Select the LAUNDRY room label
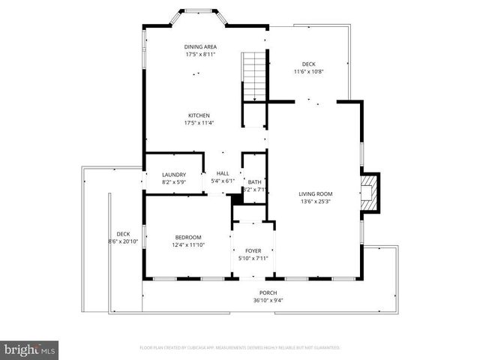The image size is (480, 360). point(173,175)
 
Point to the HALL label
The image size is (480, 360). point(223,173)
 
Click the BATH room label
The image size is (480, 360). point(254,181)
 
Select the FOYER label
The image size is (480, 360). point(253,251)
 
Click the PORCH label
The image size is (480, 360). point(268,292)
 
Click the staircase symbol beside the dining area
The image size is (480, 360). point(255,76)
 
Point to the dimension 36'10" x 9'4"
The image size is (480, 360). point(268,300)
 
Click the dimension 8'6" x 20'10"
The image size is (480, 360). point(123,241)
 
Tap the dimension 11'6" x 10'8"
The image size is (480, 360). point(308,72)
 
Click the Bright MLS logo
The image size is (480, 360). point(30,349)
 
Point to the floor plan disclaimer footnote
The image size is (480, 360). point(240,348)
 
